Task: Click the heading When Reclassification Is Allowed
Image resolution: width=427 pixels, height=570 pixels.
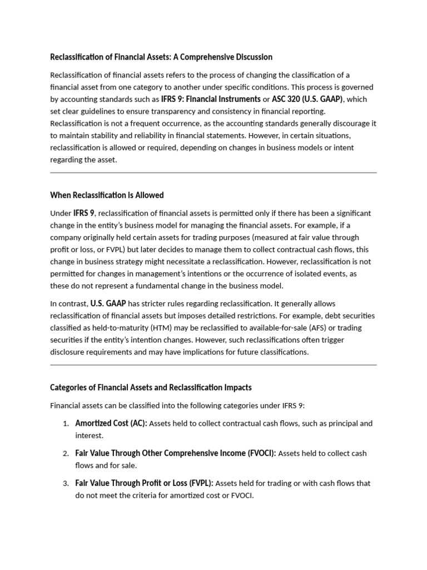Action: (107, 195)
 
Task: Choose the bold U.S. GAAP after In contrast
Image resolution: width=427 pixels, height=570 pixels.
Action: (108, 303)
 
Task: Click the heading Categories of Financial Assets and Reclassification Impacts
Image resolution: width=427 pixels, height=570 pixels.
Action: (151, 387)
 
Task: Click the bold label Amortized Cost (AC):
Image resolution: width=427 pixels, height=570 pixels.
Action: (111, 424)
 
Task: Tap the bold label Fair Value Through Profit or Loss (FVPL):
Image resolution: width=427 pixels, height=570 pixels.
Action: (143, 484)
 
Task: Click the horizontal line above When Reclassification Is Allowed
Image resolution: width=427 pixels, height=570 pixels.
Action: (213, 173)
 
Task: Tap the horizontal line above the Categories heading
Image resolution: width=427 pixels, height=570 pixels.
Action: (213, 365)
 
